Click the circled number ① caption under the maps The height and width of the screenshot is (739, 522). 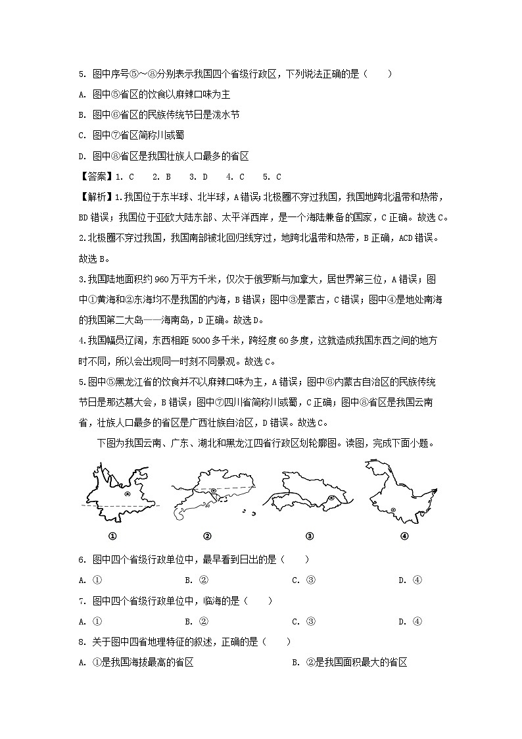pos(112,536)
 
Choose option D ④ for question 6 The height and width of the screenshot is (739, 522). pos(410,580)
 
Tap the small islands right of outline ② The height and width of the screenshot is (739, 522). pos(245,512)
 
